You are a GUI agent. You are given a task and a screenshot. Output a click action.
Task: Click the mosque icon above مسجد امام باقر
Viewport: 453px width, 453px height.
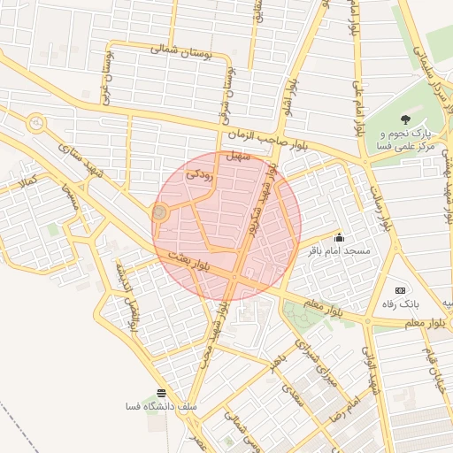point(339,237)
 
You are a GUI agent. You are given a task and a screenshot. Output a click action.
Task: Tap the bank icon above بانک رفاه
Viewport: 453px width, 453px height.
point(400,290)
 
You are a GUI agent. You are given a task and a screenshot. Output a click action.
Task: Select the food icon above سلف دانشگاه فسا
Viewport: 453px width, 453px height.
point(161,393)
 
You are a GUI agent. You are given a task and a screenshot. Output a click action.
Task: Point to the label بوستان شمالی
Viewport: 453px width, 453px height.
point(183,50)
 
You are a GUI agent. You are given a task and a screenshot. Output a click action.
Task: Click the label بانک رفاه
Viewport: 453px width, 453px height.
point(409,303)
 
